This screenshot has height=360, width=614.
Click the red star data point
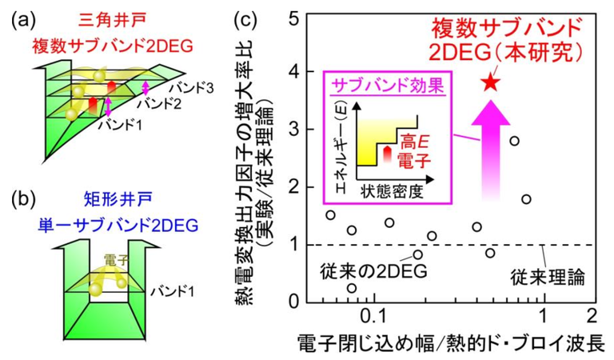pyautogui.click(x=491, y=80)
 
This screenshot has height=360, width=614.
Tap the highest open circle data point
pyautogui.click(x=515, y=141)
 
